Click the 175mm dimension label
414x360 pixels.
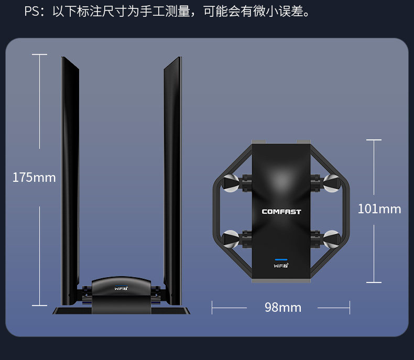(34, 178)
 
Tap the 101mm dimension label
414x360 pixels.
(379, 209)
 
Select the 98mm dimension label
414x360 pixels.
(283, 308)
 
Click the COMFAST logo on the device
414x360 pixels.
(281, 212)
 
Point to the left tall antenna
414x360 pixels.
(70, 173)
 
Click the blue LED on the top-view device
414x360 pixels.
(281, 259)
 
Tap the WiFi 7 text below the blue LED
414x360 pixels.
(281, 266)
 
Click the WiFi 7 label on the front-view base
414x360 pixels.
(122, 288)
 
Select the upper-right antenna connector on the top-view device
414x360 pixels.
(332, 182)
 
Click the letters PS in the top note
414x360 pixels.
(31, 12)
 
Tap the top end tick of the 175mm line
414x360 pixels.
(39, 54)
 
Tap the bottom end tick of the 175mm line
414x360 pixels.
(39, 305)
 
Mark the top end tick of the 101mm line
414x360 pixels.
(374, 140)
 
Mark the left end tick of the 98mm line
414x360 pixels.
(212, 308)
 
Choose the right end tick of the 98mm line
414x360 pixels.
(350, 308)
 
